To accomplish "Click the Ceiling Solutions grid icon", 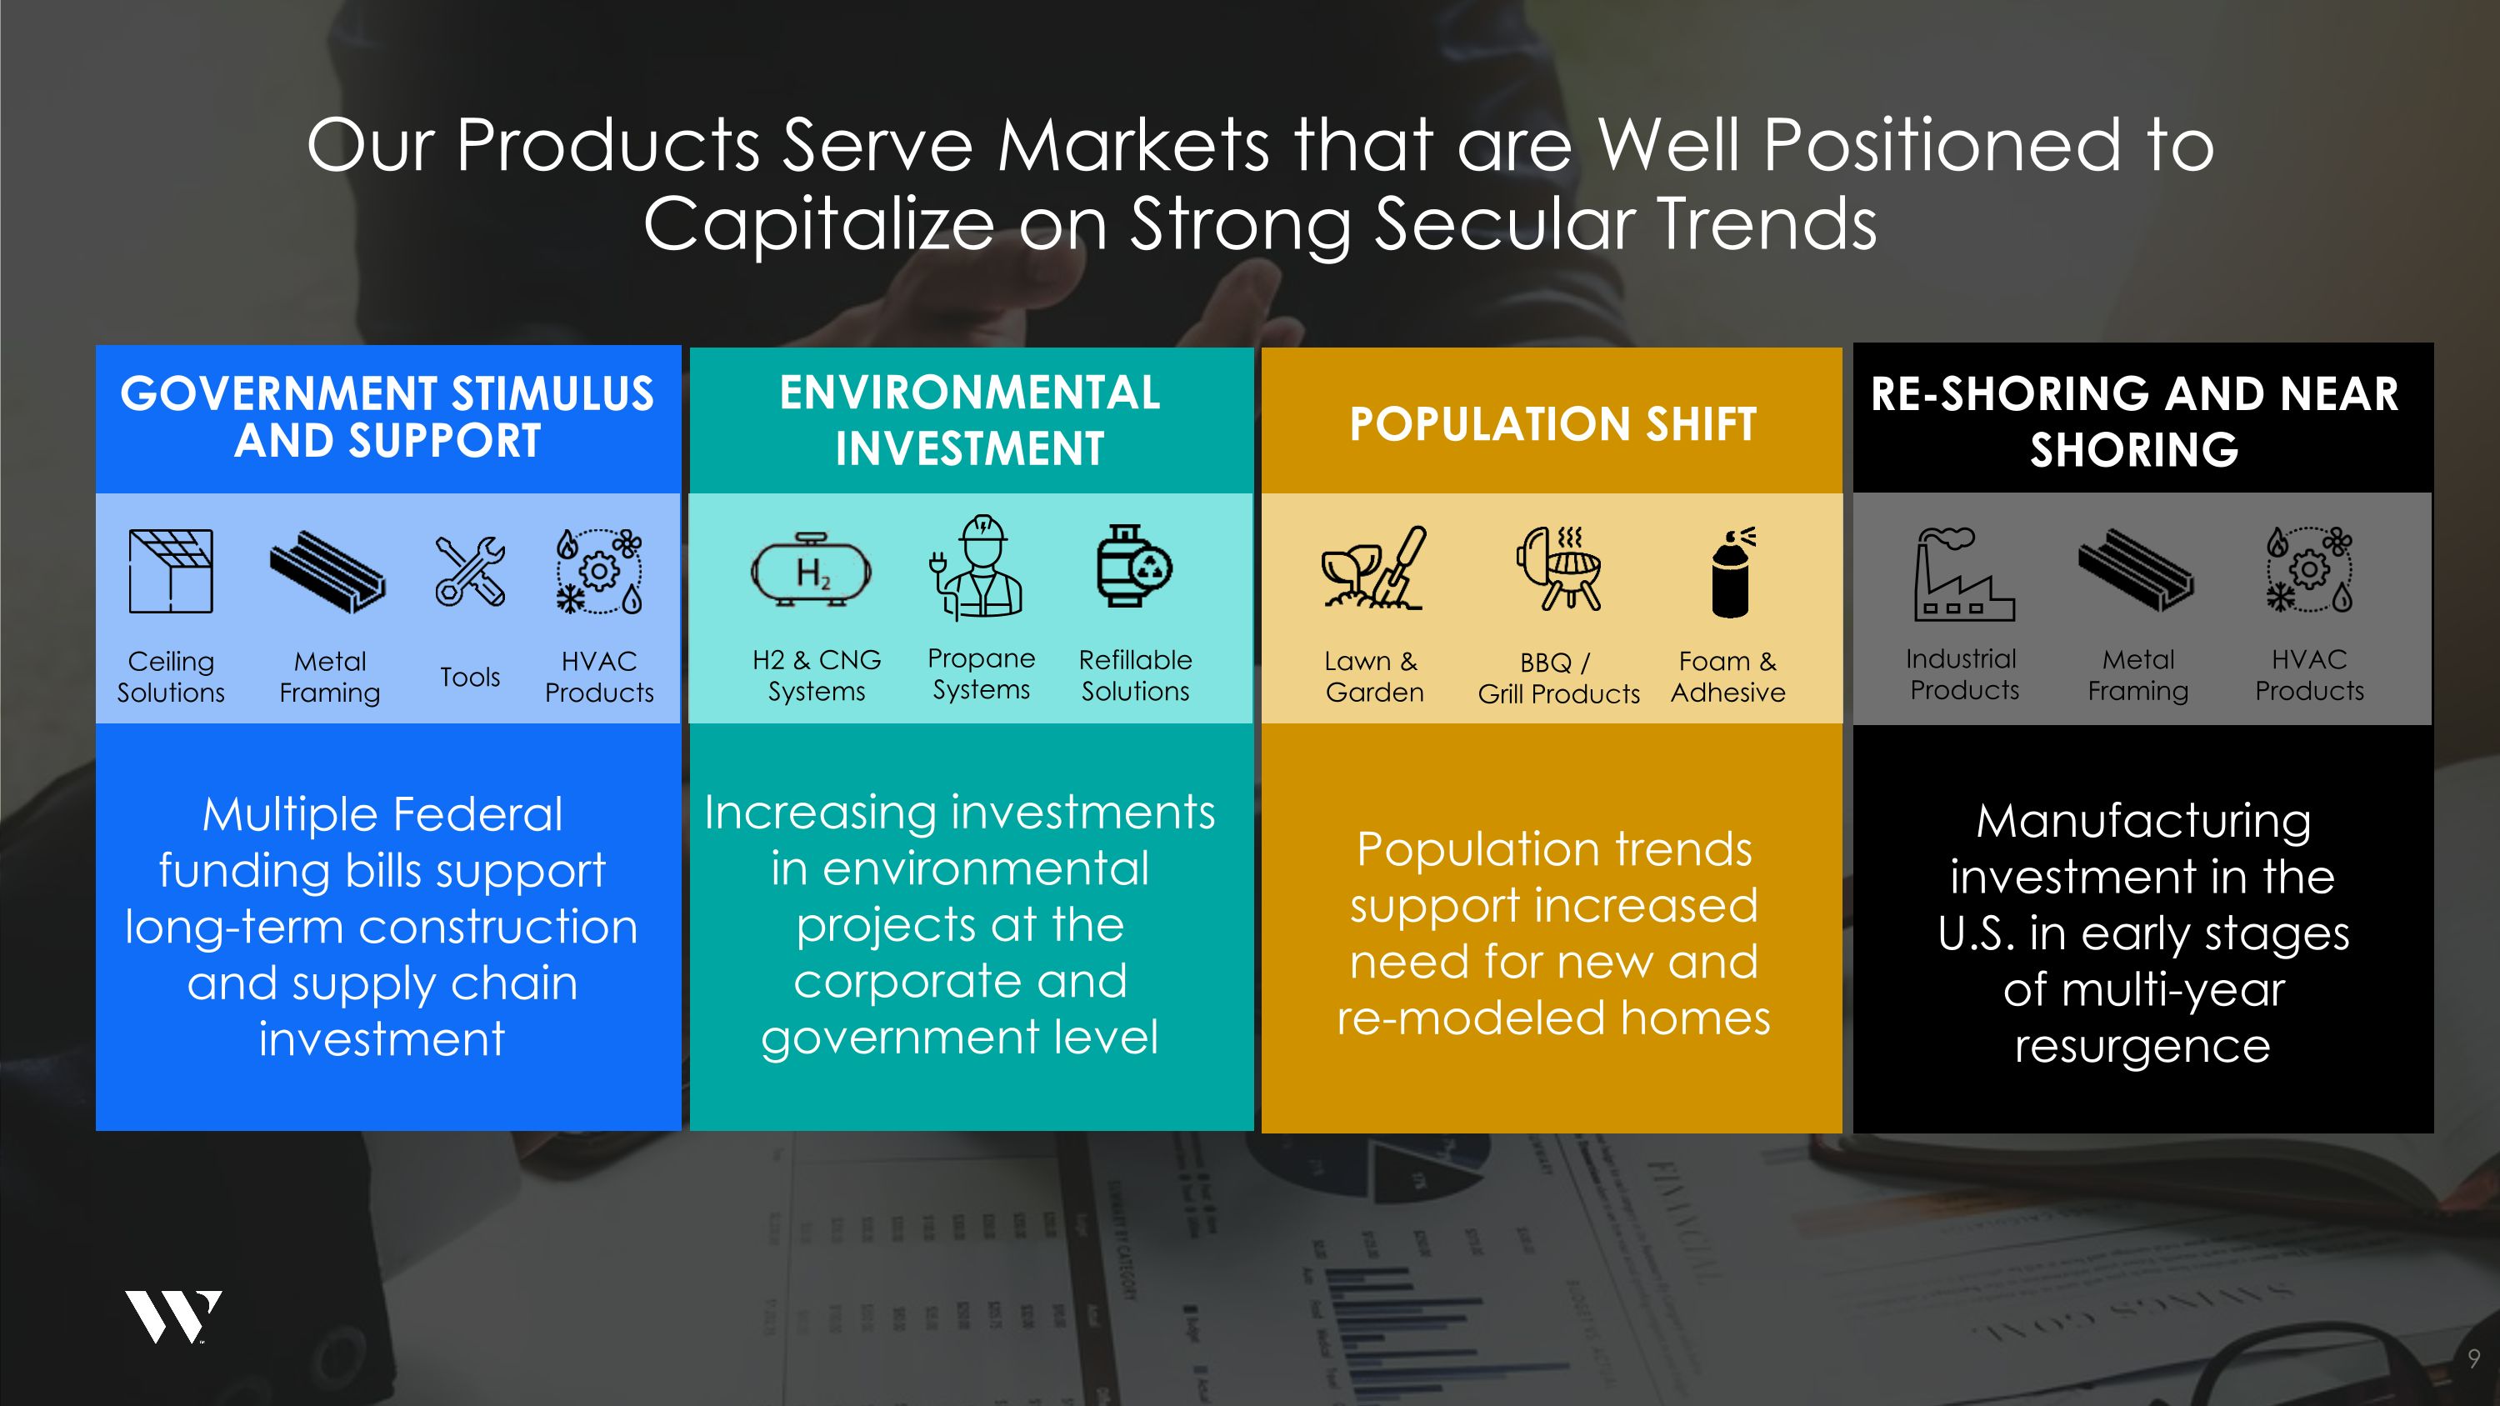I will click(171, 571).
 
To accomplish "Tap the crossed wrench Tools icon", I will click(470, 572).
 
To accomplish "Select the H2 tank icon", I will click(812, 571).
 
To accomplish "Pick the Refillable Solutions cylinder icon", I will click(1132, 567).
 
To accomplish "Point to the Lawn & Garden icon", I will click(1373, 568).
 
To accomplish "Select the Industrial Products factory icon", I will click(1962, 573).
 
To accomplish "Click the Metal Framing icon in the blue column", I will click(328, 572).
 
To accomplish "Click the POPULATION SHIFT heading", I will click(1552, 424).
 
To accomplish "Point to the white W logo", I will click(172, 1317).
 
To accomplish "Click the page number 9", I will click(2472, 1358).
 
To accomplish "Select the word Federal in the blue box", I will click(477, 814).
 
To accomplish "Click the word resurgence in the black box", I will click(2142, 1046).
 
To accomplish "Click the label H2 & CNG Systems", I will click(816, 675).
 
